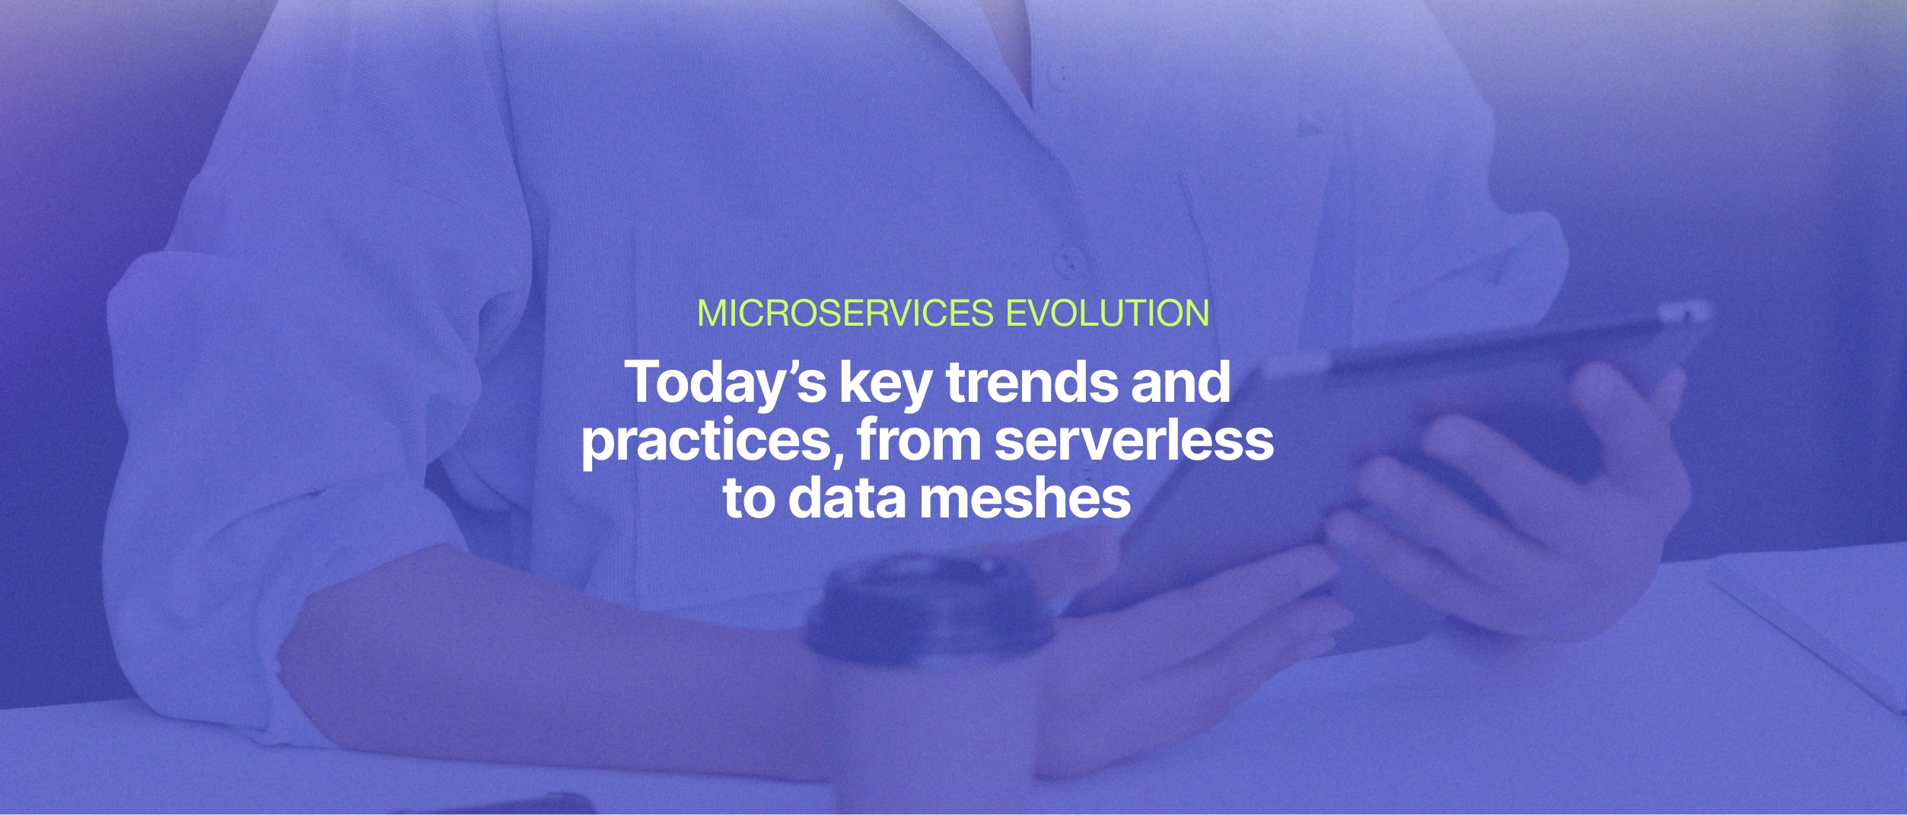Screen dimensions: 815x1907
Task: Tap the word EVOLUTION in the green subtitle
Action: coord(1107,314)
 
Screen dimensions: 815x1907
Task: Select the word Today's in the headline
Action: coord(725,383)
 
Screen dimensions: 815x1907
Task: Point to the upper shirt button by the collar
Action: coord(1057,75)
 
